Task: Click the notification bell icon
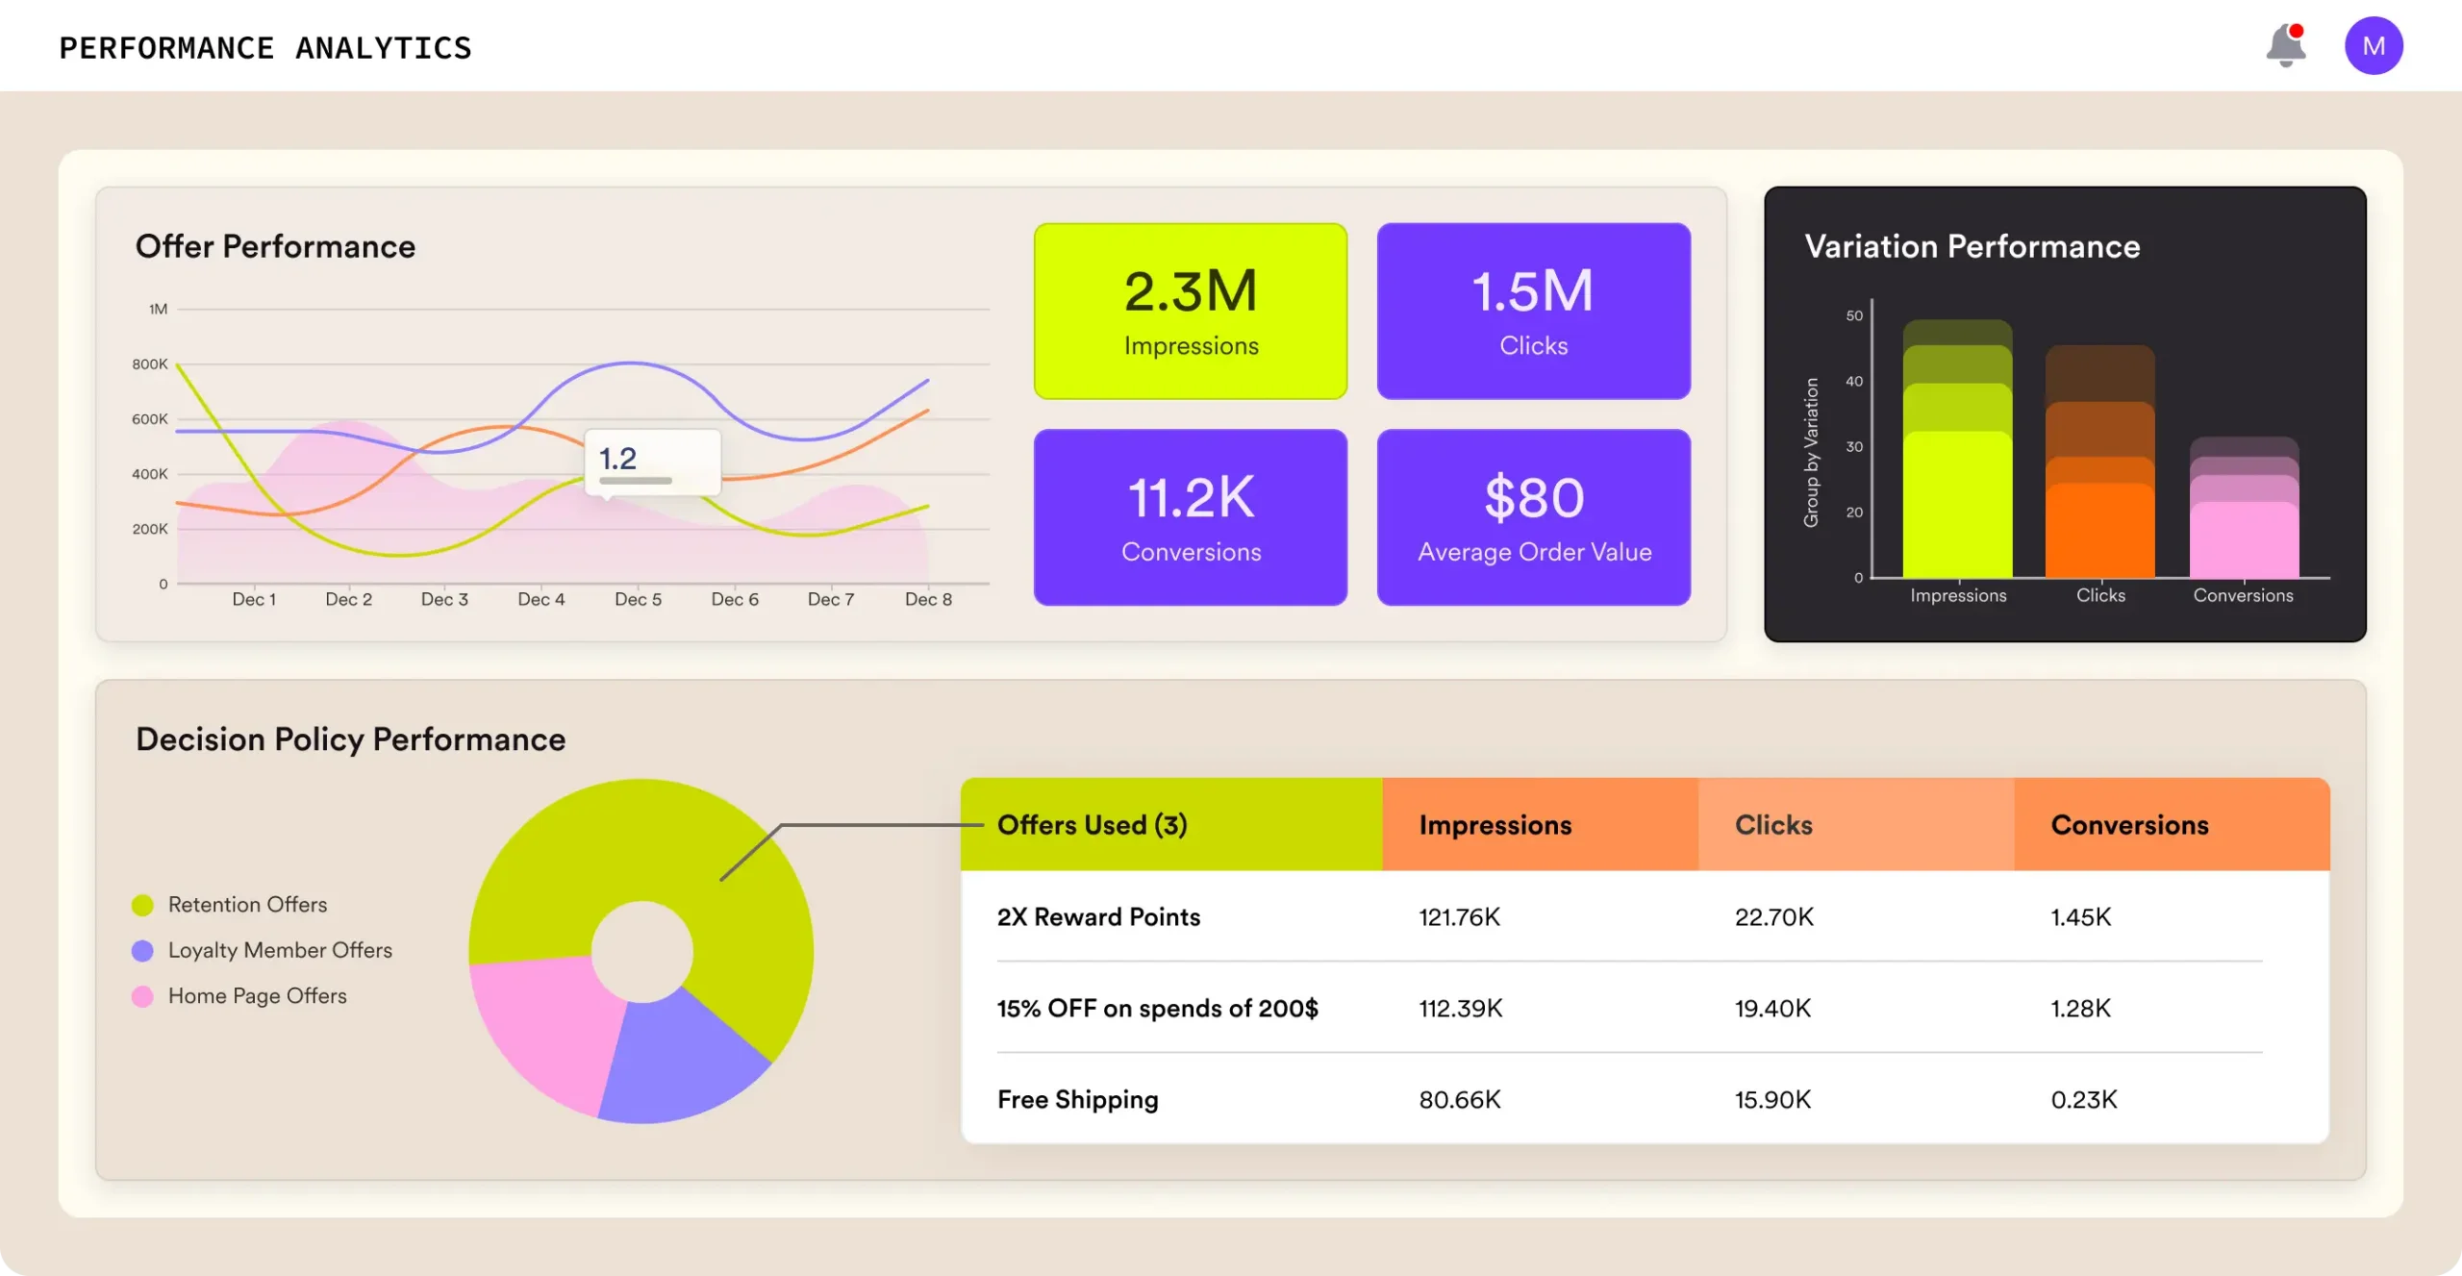point(2285,46)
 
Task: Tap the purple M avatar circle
point(2373,46)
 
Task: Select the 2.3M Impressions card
point(1190,311)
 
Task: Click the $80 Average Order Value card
point(1533,516)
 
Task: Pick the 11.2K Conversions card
point(1190,516)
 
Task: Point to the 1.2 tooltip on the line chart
point(652,462)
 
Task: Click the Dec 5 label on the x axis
point(638,599)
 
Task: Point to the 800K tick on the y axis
point(149,364)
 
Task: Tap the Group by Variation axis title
point(1811,452)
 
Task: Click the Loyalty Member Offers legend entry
point(279,950)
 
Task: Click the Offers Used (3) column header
point(1092,825)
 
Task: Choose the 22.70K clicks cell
point(1773,916)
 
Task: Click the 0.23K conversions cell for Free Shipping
point(2083,1099)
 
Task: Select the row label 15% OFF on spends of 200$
point(1157,1008)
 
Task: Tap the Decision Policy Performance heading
point(350,738)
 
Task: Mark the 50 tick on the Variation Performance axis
point(1853,315)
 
